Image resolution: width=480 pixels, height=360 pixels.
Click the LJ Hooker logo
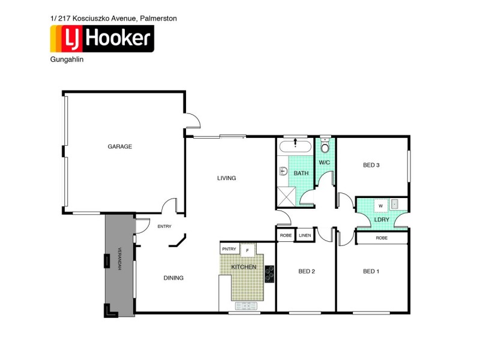click(101, 38)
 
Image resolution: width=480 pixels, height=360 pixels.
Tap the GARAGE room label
click(119, 146)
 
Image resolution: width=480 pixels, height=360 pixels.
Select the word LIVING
click(226, 178)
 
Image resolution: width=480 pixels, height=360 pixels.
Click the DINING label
click(173, 278)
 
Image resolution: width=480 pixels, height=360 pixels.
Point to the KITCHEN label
click(244, 266)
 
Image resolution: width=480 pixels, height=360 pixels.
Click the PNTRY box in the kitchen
click(229, 248)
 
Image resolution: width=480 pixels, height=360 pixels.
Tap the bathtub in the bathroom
click(295, 146)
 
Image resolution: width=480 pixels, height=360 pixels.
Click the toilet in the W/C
click(325, 147)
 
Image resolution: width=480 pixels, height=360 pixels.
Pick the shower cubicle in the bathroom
click(286, 196)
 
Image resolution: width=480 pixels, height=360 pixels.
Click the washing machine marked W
click(380, 205)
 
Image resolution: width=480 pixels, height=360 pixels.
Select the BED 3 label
click(371, 165)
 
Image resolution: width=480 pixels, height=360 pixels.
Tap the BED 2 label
click(307, 271)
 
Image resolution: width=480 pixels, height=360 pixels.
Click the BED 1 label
click(371, 271)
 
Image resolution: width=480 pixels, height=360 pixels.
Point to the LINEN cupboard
click(305, 235)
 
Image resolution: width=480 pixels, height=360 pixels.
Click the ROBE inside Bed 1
click(381, 238)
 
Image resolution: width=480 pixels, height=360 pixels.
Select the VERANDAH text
click(119, 259)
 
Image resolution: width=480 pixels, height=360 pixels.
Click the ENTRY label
click(164, 226)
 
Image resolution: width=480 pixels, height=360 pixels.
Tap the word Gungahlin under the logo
click(64, 60)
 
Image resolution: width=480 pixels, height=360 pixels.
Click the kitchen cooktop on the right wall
click(269, 274)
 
